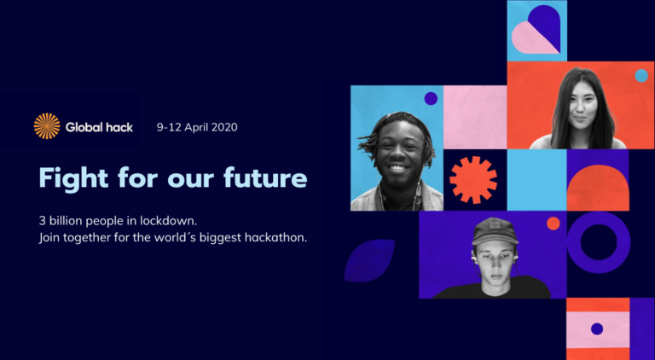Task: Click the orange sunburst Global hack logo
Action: point(47,126)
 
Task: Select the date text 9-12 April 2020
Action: point(197,127)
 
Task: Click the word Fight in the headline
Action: point(73,178)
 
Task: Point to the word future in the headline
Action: point(265,177)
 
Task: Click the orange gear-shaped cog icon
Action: point(473,180)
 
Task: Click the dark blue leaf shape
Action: point(368,260)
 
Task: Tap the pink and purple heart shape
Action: point(536,30)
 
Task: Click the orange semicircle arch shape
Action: point(598,188)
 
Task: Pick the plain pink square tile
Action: point(475,117)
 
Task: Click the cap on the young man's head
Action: point(495,231)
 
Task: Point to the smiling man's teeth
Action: point(397,168)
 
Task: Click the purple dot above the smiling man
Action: point(431,99)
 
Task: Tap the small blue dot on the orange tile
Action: point(641,76)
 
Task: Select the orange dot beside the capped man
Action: point(553,224)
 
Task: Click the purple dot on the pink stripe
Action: point(597,329)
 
